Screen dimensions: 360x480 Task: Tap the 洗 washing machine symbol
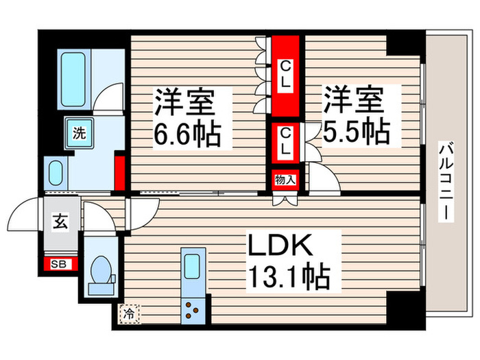point(80,134)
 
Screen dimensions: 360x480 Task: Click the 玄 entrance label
point(60,221)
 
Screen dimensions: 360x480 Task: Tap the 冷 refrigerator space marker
point(129,314)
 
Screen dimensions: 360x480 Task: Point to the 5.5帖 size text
point(357,131)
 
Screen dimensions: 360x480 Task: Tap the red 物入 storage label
point(285,180)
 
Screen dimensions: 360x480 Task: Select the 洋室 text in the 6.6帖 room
point(184,103)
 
